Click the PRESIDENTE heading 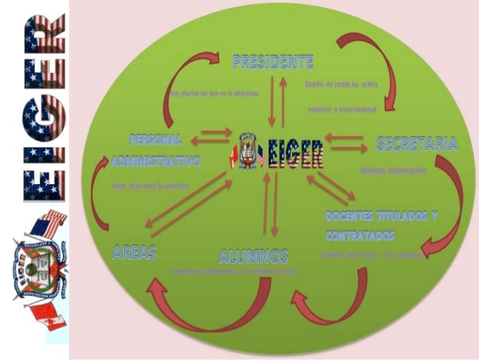click(x=273, y=61)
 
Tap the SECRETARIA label click(x=417, y=144)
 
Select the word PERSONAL click(x=156, y=141)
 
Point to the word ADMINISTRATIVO click(x=155, y=162)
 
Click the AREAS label click(x=134, y=253)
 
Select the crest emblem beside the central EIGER click(x=248, y=150)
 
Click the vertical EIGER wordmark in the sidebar click(x=42, y=108)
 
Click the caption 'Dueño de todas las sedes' click(x=342, y=86)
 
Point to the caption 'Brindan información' click(x=393, y=171)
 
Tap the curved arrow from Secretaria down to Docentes click(x=446, y=203)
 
